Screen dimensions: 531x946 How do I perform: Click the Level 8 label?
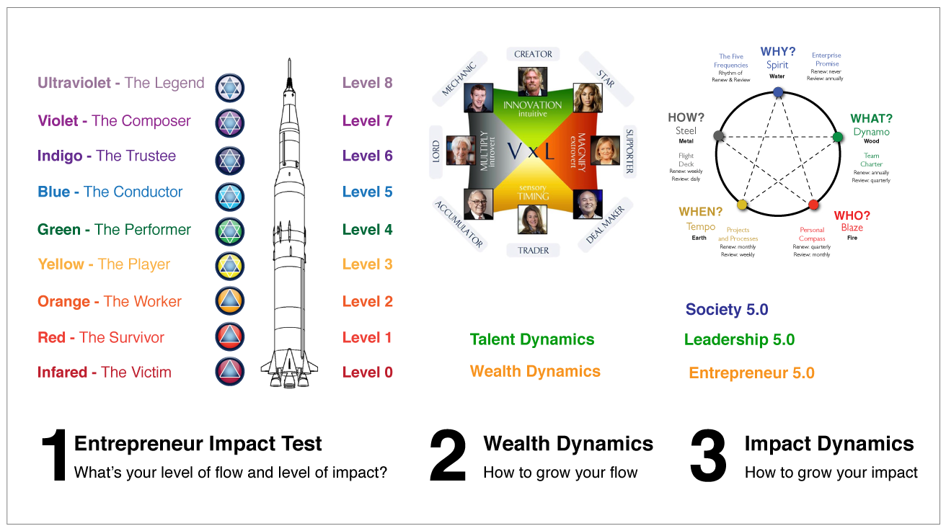click(367, 83)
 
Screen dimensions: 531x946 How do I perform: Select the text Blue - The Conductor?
click(110, 192)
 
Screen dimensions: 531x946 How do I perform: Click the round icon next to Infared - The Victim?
click(230, 372)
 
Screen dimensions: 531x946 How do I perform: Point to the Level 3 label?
click(367, 264)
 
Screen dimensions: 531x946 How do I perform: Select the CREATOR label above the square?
click(533, 54)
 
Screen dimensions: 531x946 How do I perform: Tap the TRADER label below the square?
click(533, 251)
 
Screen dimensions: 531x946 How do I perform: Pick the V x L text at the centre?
click(533, 151)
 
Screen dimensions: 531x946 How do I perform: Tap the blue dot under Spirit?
click(777, 92)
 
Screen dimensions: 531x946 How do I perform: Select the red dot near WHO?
click(813, 205)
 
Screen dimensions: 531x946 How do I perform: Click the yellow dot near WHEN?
click(742, 205)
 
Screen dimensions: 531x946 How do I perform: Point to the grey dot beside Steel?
click(718, 135)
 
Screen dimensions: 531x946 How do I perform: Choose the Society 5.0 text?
click(727, 310)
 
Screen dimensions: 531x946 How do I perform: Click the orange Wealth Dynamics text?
click(535, 372)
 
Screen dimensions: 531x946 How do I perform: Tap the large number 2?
click(448, 457)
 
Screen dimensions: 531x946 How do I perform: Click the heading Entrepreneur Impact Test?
click(198, 444)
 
